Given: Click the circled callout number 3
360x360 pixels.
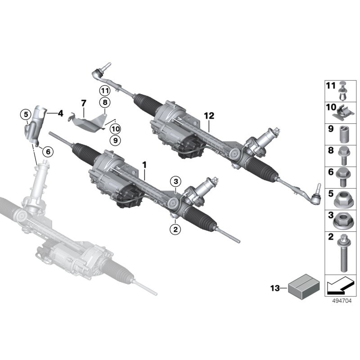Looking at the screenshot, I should tap(175, 181).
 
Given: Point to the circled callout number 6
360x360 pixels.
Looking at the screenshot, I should tap(47, 152).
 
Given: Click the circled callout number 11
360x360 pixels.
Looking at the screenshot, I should tap(105, 90).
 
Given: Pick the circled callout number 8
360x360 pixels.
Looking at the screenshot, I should tap(105, 103).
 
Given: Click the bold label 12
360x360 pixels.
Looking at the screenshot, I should tap(208, 115).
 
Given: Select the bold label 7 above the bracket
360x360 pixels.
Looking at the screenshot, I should tap(83, 104).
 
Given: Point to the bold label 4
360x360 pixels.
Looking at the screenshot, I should tap(60, 113).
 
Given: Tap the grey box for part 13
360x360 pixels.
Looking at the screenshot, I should tap(302, 287).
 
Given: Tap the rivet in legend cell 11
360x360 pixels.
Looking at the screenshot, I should tap(344, 90).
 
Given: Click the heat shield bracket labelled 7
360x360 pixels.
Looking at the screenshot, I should tap(90, 121).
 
